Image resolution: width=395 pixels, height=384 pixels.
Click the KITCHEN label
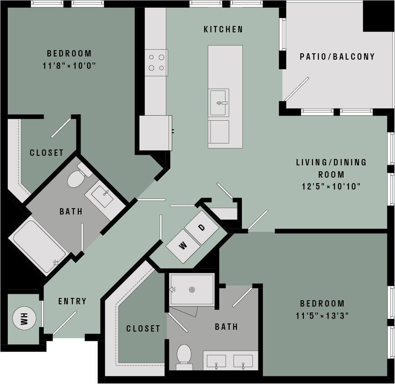click(x=223, y=30)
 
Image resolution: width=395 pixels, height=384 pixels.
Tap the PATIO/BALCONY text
click(x=337, y=57)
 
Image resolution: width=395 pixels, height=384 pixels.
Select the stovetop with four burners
click(x=156, y=62)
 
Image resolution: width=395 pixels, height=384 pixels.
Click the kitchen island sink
click(x=219, y=103)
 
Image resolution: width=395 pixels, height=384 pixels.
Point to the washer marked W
click(x=183, y=246)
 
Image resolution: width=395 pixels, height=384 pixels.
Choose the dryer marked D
click(x=201, y=227)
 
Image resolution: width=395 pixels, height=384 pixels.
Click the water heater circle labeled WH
click(x=23, y=318)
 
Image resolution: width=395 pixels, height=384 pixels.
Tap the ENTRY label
click(x=72, y=301)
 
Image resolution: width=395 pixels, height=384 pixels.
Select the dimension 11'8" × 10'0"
click(x=69, y=65)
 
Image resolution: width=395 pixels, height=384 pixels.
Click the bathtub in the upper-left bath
click(x=38, y=246)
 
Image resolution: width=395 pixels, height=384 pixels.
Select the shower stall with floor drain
click(x=192, y=289)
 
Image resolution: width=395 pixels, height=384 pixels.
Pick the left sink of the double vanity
click(x=216, y=361)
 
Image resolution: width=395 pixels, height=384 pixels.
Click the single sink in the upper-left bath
click(x=102, y=196)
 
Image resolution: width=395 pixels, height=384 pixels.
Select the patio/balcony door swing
click(x=296, y=89)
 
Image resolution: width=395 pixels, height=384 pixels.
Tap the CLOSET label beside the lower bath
click(x=143, y=328)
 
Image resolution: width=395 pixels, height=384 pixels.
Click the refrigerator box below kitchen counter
click(x=155, y=133)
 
